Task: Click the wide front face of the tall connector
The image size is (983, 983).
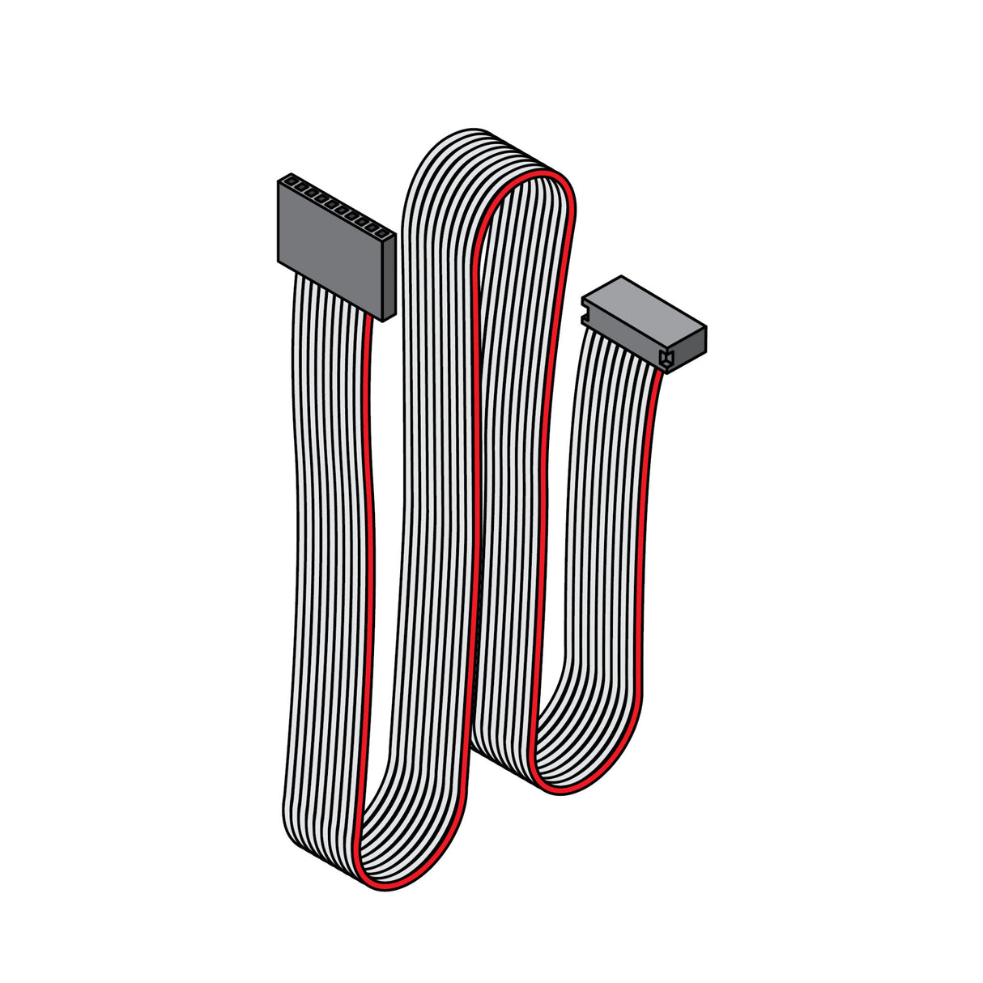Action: (328, 247)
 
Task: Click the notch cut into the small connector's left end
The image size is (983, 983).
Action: (585, 310)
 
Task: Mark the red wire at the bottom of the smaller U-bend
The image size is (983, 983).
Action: (567, 789)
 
